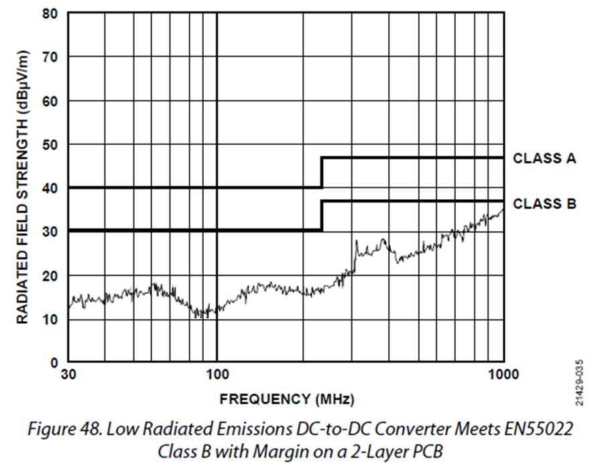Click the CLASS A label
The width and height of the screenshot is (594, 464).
(544, 159)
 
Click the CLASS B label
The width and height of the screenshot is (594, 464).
(544, 204)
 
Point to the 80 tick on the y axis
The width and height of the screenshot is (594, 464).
(49, 13)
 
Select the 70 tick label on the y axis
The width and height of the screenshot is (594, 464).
(49, 57)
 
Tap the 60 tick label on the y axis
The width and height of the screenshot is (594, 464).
(49, 101)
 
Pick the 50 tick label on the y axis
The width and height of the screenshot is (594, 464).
(49, 144)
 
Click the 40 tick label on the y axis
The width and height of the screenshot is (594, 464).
(49, 188)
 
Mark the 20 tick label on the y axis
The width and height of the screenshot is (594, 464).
(49, 276)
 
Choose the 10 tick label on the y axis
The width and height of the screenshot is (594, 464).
(49, 319)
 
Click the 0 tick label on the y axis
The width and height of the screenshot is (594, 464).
(54, 363)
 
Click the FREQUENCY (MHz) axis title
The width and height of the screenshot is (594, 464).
(286, 400)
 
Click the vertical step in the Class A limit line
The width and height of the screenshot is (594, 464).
(322, 173)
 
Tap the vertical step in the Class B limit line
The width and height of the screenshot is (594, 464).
(322, 215)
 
